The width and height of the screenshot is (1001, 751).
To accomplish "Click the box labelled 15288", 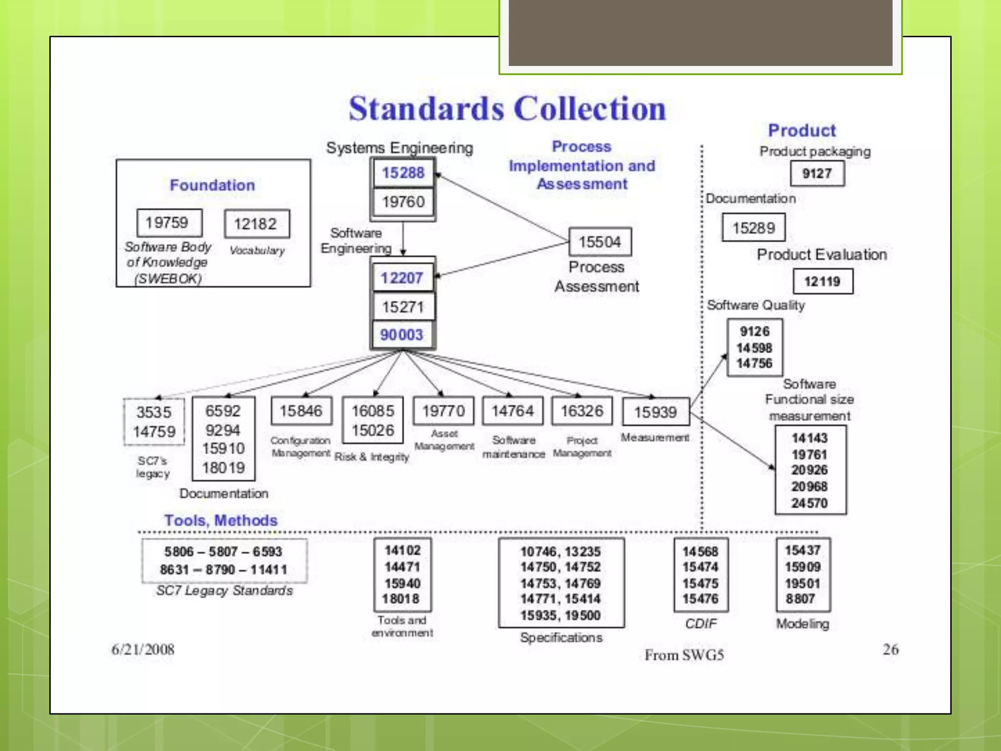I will pyautogui.click(x=403, y=173).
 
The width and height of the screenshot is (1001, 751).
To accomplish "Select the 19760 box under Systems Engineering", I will pyautogui.click(x=403, y=201).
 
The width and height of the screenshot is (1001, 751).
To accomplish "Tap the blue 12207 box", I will pyautogui.click(x=402, y=278).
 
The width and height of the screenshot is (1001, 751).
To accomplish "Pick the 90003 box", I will pyautogui.click(x=402, y=335).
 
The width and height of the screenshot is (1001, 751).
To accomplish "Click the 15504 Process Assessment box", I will pyautogui.click(x=600, y=242).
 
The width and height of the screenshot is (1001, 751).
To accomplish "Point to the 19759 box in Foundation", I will pyautogui.click(x=169, y=223).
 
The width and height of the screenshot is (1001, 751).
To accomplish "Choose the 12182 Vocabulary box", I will pyautogui.click(x=257, y=224).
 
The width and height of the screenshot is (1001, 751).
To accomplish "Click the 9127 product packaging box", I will pyautogui.click(x=817, y=174).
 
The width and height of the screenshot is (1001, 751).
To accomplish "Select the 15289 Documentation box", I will pyautogui.click(x=754, y=228).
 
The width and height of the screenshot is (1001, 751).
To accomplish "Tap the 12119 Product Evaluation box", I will pyautogui.click(x=823, y=282).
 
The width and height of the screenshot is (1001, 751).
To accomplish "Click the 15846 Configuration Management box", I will pyautogui.click(x=302, y=411).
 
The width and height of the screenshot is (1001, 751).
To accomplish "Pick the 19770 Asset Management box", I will pyautogui.click(x=444, y=411).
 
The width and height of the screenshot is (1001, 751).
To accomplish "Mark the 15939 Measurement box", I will pyautogui.click(x=656, y=412).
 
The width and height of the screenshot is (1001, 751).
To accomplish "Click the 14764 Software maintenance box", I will pyautogui.click(x=513, y=411).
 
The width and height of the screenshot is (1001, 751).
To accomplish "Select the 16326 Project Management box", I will pyautogui.click(x=582, y=411).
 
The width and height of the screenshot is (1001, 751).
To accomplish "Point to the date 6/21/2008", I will pyautogui.click(x=143, y=649).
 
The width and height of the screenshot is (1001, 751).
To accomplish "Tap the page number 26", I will pyautogui.click(x=891, y=649).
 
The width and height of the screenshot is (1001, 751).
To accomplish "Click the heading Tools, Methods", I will pyautogui.click(x=221, y=520).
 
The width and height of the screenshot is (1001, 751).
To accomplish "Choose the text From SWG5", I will pyautogui.click(x=684, y=655).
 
